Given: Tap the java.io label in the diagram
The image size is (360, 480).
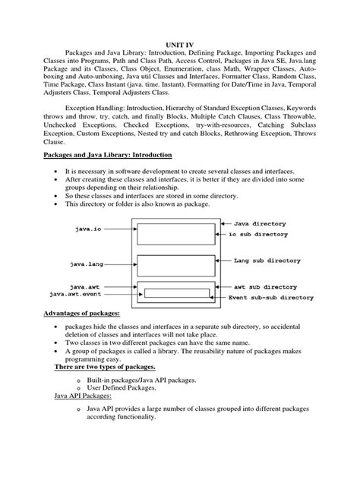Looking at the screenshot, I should click(87, 229).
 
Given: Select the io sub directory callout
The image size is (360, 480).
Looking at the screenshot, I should click(268, 235).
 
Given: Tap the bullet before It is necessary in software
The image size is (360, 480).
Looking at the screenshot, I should click(58, 173).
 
